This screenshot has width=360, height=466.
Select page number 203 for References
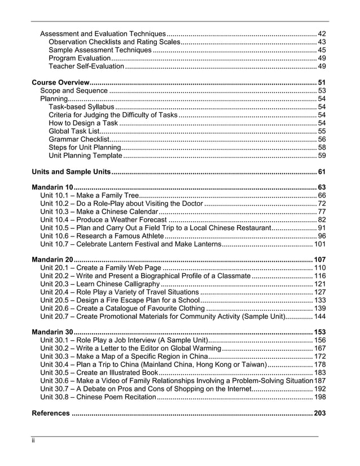[319, 414]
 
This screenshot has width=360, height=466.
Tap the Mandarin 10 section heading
[52, 187]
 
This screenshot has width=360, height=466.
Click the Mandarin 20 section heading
[52, 260]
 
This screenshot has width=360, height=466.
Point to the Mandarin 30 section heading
[52, 332]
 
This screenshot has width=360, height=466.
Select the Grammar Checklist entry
[78, 139]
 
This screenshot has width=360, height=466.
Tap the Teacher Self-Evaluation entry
[86, 66]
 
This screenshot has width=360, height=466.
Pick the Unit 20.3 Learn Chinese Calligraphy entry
[100, 284]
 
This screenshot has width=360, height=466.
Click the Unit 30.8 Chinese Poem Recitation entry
[98, 397]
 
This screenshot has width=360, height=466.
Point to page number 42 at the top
[322, 34]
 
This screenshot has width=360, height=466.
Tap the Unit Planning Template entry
[85, 155]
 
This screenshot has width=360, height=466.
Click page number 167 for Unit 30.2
[319, 349]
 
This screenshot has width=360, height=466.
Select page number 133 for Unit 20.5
[319, 300]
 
